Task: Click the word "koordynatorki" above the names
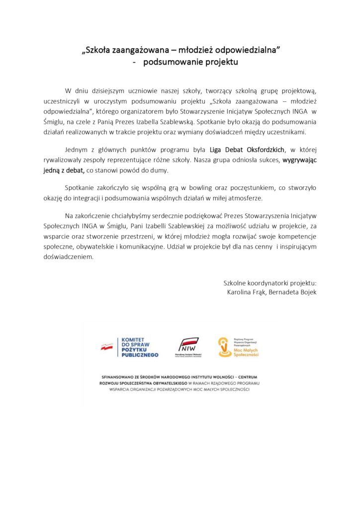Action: (x=267, y=283)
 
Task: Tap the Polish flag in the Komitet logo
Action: (x=107, y=347)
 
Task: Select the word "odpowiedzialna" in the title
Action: (x=254, y=51)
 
